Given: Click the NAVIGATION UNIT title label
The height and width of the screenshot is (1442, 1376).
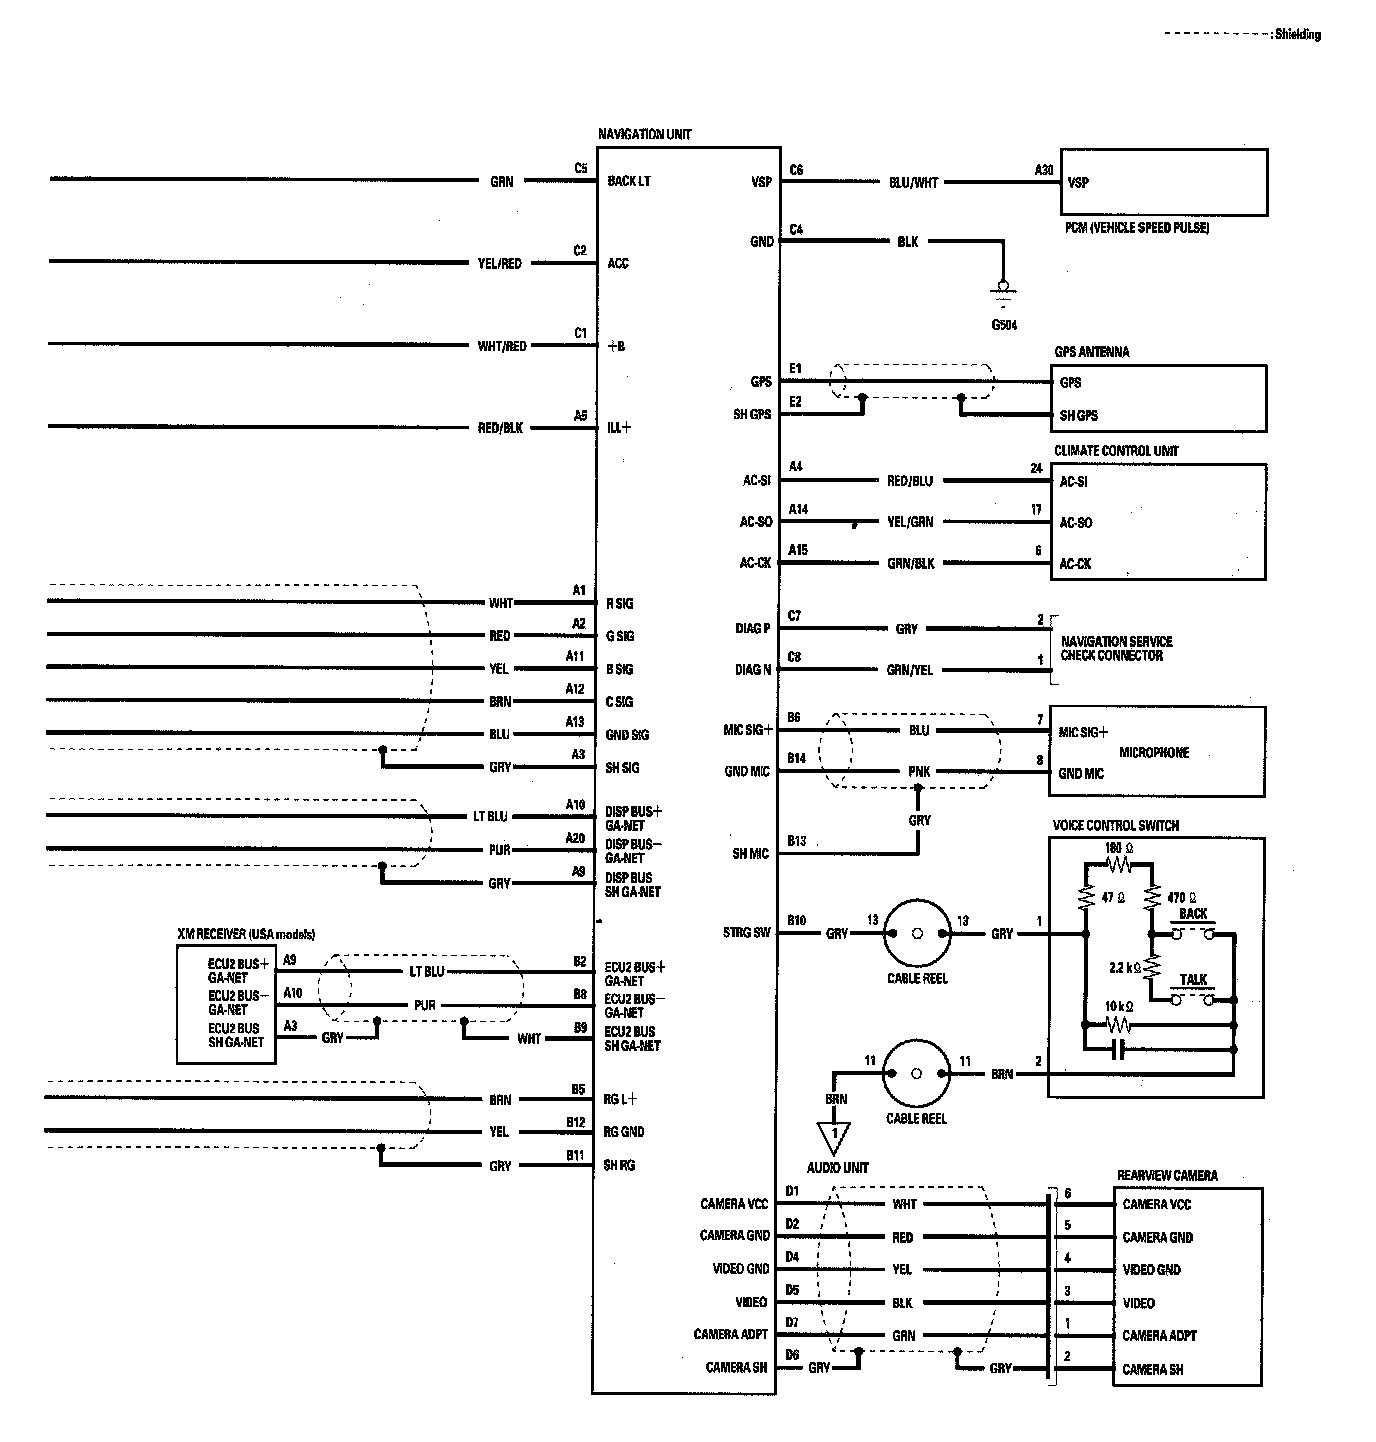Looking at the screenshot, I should (x=644, y=134).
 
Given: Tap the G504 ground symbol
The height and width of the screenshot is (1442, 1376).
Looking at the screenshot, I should (x=1003, y=291).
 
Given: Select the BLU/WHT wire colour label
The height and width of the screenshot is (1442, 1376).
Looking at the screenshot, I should (x=913, y=183).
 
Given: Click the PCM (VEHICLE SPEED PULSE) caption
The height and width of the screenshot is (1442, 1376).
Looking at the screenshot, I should (x=1137, y=228).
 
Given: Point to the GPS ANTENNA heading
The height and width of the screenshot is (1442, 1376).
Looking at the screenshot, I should (x=1091, y=352).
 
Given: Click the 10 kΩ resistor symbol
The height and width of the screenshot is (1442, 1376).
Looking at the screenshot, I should (x=1118, y=1024).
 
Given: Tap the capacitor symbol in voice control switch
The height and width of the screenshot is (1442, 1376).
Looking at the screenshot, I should (x=1119, y=1049).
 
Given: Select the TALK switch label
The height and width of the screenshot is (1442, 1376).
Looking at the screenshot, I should (x=1193, y=980).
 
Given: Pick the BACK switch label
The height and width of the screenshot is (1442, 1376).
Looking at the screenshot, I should (x=1193, y=914).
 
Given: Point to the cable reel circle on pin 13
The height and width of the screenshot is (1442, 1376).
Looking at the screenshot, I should (x=917, y=934).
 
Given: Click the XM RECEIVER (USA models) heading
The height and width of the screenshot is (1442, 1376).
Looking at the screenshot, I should (x=246, y=934).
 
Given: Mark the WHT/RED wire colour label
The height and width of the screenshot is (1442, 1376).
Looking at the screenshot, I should (x=502, y=346).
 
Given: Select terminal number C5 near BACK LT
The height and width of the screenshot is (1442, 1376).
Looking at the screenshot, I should (x=581, y=168).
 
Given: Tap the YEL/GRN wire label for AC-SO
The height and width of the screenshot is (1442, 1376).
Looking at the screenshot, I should (x=910, y=522).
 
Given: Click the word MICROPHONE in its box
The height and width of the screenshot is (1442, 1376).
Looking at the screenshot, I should (x=1154, y=753).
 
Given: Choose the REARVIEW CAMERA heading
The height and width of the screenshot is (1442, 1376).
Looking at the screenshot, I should (x=1167, y=1175).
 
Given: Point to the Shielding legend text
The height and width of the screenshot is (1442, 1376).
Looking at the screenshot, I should (x=1297, y=35).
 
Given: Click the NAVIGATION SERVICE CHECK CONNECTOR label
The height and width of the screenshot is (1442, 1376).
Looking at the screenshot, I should (x=1116, y=648).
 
